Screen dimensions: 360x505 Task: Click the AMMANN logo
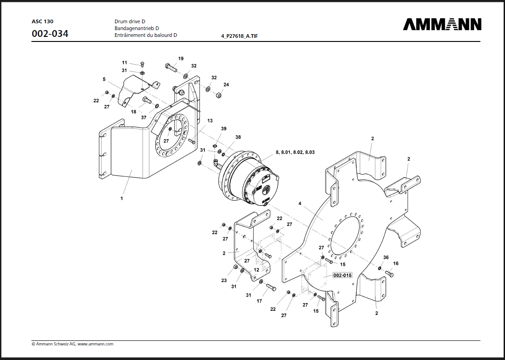point(442,24)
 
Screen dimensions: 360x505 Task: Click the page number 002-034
point(50,33)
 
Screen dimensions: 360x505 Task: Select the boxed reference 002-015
point(342,275)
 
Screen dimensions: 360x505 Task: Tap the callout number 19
point(181,59)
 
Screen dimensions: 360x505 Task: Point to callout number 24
point(226,85)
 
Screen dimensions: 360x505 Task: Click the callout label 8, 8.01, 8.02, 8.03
point(295,152)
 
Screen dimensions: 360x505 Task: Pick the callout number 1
point(122,199)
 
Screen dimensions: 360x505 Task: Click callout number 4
point(300,203)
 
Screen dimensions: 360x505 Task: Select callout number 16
point(396,263)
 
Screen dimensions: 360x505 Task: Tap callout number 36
point(386,257)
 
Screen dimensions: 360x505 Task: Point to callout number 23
point(224,280)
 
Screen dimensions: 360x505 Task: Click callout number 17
point(259,301)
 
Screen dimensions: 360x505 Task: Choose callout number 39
point(224,129)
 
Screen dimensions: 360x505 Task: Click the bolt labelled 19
point(170,67)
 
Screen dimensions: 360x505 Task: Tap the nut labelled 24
point(218,95)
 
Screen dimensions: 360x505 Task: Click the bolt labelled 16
point(389,274)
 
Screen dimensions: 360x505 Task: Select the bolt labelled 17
point(270,288)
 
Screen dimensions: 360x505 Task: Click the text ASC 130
point(42,21)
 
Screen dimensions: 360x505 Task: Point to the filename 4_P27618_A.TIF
point(239,36)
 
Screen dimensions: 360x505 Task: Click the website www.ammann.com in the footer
point(95,344)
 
